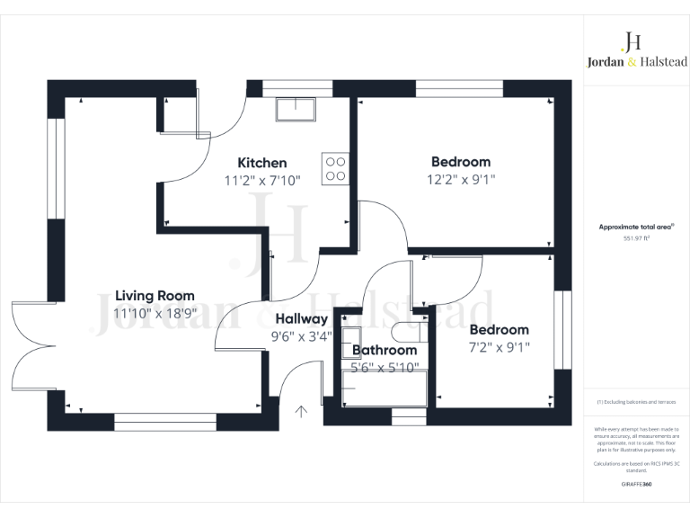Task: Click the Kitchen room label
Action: click(x=262, y=163)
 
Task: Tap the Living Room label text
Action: click(x=155, y=296)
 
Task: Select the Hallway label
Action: click(x=302, y=319)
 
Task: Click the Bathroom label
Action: click(x=385, y=350)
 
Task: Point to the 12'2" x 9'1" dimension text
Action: click(x=461, y=180)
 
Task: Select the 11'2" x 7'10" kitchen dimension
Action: click(x=262, y=180)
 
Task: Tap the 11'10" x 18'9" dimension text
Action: click(x=155, y=313)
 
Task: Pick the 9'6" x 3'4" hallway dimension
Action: click(x=302, y=337)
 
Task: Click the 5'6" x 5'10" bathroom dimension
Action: click(x=385, y=367)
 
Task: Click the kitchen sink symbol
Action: click(x=296, y=109)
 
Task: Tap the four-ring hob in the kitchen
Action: click(x=335, y=168)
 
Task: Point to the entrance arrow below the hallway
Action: click(x=302, y=412)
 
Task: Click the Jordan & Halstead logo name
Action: click(x=632, y=63)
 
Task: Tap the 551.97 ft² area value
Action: click(x=637, y=239)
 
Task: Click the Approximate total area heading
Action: click(x=636, y=228)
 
